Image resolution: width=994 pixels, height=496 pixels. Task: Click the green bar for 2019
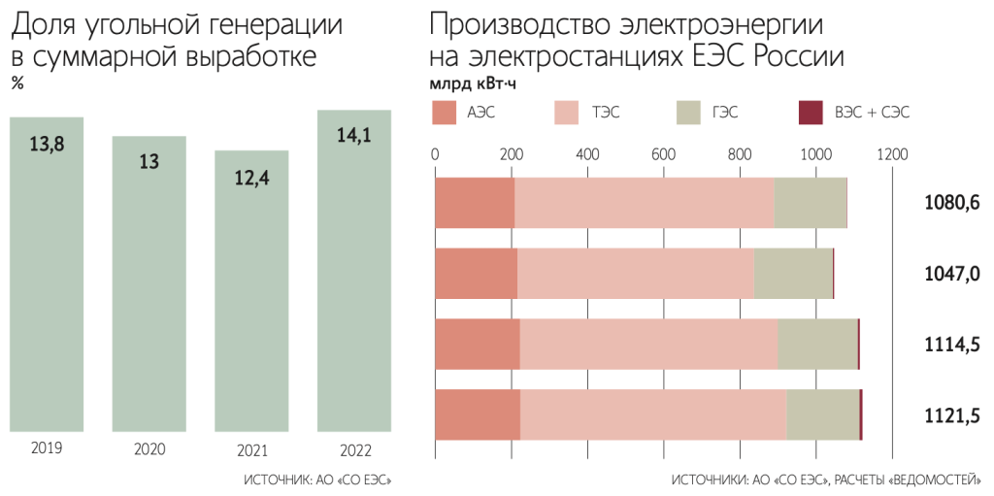coord(60,281)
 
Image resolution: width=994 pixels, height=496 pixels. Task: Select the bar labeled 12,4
coord(251,291)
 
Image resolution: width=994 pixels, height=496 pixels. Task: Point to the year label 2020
coord(149,449)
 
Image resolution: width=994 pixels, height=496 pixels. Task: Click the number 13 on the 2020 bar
coord(149,161)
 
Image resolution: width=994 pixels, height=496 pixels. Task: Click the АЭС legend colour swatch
coord(444,112)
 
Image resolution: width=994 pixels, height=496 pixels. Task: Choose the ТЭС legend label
coord(607,113)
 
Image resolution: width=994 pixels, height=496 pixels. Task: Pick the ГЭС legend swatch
coord(686,112)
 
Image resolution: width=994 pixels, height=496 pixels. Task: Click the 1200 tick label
coord(891,153)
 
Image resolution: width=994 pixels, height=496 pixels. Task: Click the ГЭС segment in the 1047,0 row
coord(793,274)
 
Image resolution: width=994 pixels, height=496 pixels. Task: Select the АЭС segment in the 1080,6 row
coord(474,203)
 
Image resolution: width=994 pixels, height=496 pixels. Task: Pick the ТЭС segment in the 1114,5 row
coord(648,345)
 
